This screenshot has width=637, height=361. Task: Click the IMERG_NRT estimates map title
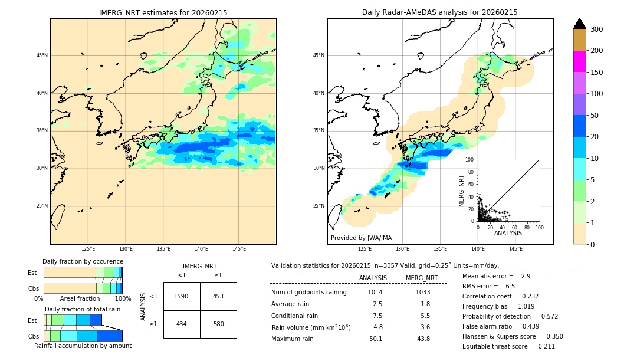(x=163, y=12)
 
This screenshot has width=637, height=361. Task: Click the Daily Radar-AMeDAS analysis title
(x=439, y=12)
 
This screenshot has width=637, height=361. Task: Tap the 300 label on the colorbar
(x=597, y=29)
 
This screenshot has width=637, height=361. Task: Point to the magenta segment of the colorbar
(x=579, y=61)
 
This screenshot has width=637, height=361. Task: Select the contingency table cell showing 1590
(x=182, y=296)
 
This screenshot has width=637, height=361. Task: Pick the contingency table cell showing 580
(x=218, y=324)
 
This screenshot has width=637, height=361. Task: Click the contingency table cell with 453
(x=218, y=296)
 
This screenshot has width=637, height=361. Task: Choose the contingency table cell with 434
(x=182, y=324)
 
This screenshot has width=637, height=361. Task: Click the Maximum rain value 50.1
(x=376, y=339)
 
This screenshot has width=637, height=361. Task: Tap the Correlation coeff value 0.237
(x=530, y=296)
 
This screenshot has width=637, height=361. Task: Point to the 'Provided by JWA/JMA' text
(x=361, y=238)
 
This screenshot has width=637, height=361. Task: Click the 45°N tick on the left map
(x=42, y=55)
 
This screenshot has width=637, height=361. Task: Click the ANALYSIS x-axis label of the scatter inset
(x=508, y=233)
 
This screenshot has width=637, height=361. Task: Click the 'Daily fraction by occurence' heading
(x=83, y=261)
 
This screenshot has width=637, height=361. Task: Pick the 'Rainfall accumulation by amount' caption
(x=83, y=346)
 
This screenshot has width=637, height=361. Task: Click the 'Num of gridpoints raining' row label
(x=309, y=292)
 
